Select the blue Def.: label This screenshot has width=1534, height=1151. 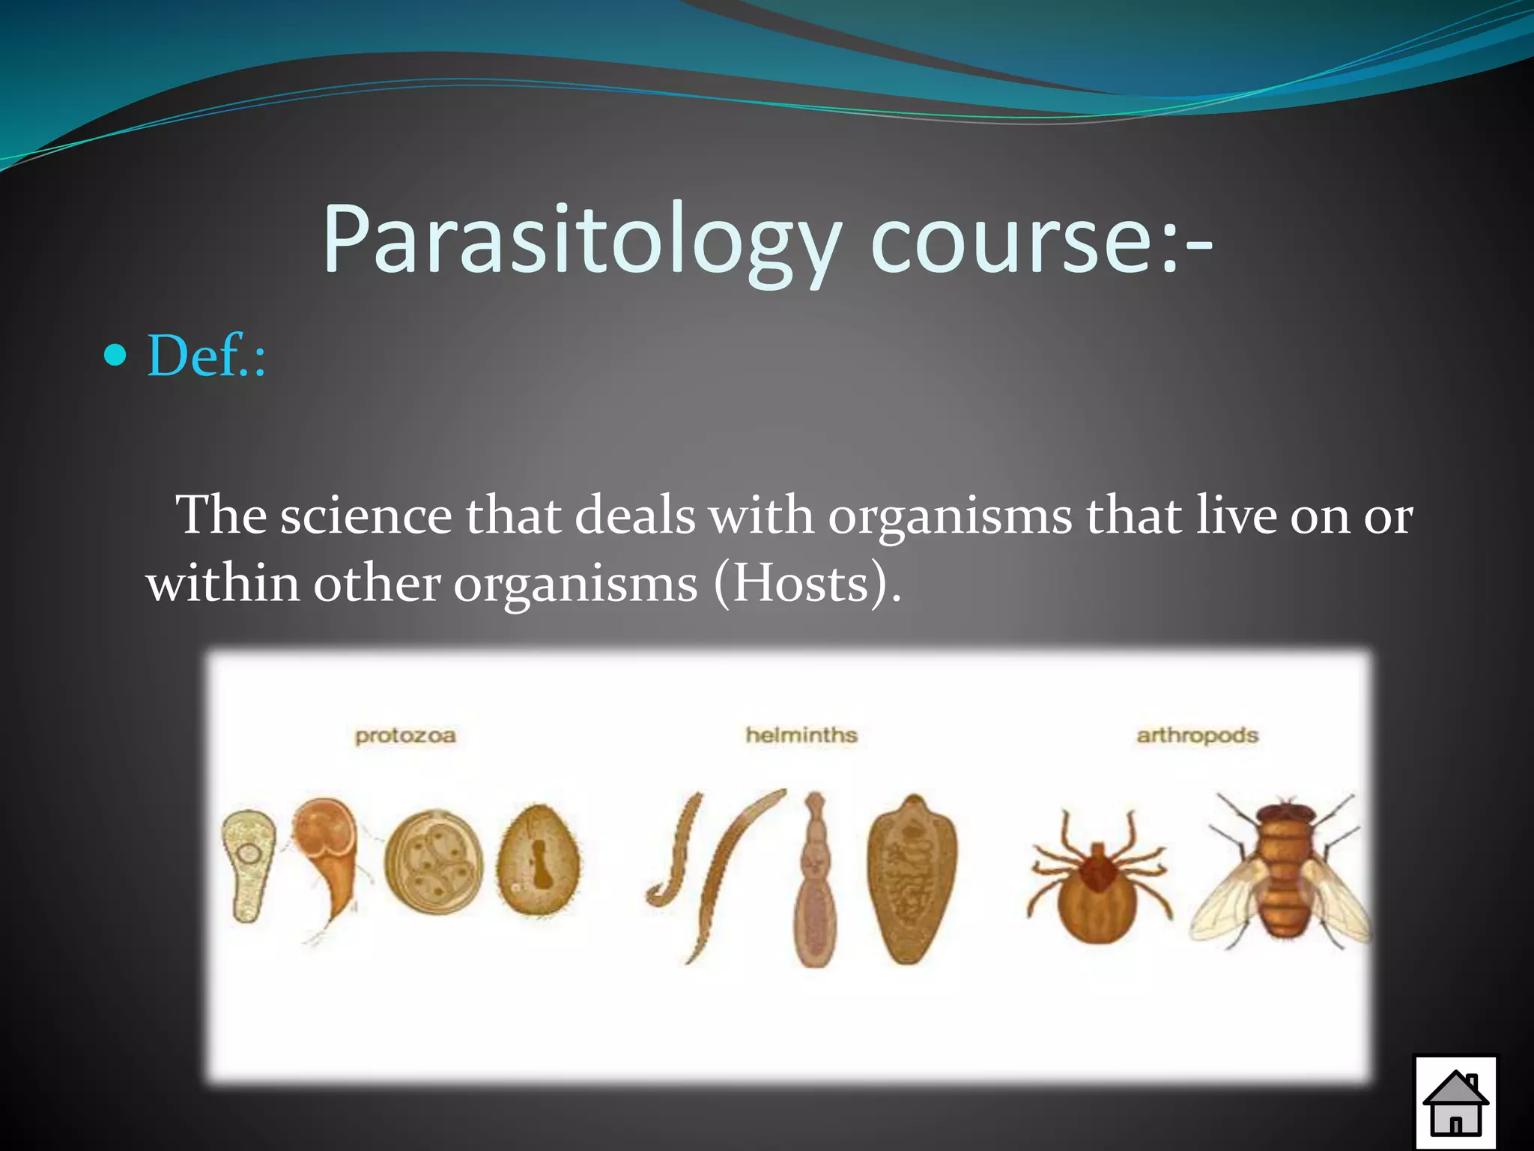207,355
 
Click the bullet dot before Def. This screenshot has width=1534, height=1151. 115,355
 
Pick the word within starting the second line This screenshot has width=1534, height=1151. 222,584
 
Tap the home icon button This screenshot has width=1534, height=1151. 1455,1102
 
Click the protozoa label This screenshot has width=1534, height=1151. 405,736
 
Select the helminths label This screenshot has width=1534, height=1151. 801,735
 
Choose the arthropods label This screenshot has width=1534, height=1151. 1197,736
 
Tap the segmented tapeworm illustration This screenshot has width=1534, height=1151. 814,884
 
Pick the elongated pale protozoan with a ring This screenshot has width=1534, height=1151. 246,862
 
